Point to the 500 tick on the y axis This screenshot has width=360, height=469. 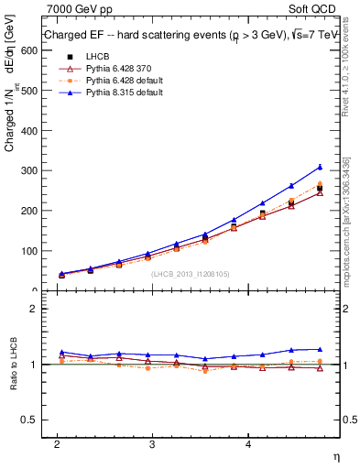point(28,91)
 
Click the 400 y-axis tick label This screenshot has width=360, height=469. point(28,130)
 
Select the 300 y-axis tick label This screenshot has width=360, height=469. point(28,170)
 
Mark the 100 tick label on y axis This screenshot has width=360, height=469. point(28,250)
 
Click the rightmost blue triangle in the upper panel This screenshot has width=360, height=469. point(320,167)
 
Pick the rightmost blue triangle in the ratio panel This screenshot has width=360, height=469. point(320,349)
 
